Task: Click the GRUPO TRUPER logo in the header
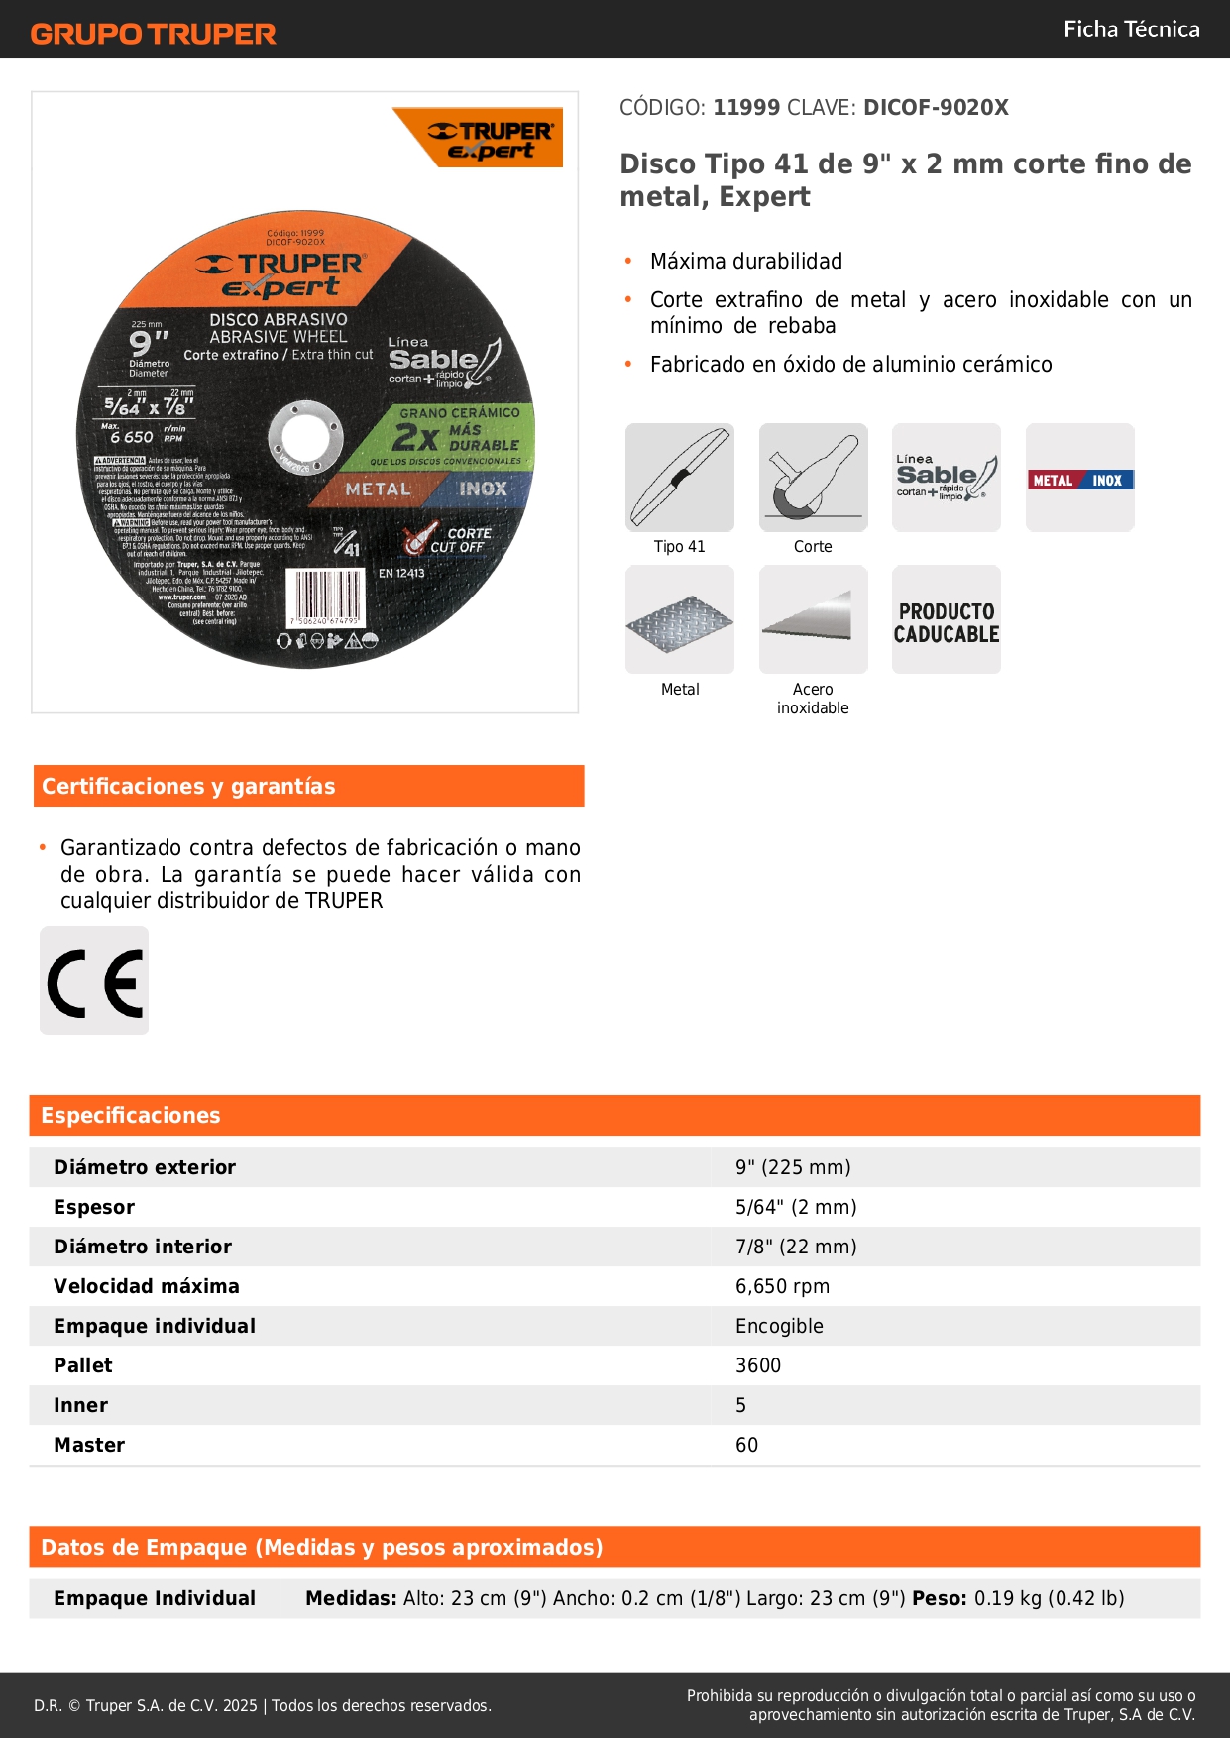[x=154, y=34]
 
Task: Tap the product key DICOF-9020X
[x=936, y=108]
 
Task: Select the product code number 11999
[x=746, y=108]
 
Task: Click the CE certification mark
[x=94, y=982]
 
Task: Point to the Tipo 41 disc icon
[x=680, y=478]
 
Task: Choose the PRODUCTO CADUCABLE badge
[x=947, y=620]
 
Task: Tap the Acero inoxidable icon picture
[x=813, y=619]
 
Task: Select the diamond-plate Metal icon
[x=680, y=620]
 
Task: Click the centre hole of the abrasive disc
[x=306, y=436]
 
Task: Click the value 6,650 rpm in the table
[x=782, y=1286]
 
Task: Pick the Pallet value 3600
[x=758, y=1365]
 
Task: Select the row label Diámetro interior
[x=143, y=1247]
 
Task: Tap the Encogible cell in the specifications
[x=779, y=1326]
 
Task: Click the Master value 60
[x=746, y=1445]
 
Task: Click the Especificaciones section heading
[x=131, y=1116]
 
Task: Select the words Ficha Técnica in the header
[x=1131, y=30]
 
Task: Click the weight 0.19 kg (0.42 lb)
[x=1049, y=1598]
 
